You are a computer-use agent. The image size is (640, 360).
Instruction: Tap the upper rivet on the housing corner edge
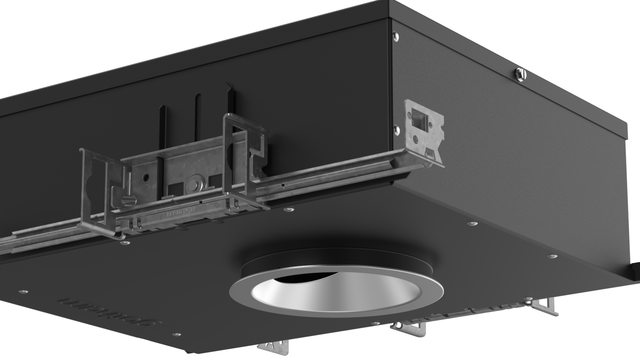[396, 36]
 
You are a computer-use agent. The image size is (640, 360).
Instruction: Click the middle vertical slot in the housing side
[198, 117]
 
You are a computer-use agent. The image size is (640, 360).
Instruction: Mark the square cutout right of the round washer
[215, 180]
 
